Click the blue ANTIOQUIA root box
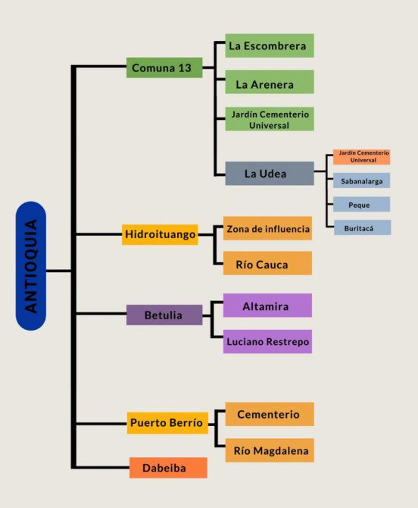[x=31, y=266]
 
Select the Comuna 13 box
[x=164, y=67]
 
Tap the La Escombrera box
[x=270, y=45]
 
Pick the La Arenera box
[x=270, y=82]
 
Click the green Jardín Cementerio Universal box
[x=270, y=119]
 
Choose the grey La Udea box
[x=270, y=174]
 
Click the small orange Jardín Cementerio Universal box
[x=361, y=157]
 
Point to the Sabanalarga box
[x=361, y=180]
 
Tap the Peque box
[x=361, y=204]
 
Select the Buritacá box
[x=363, y=227]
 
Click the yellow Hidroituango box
[x=160, y=234]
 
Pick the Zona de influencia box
[x=267, y=228]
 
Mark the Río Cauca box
[x=267, y=263]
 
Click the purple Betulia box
[x=164, y=315]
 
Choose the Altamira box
[x=267, y=306]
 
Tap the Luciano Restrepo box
[x=267, y=341]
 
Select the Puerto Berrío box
[x=167, y=423]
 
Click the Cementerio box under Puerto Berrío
[x=270, y=414]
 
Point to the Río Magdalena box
[x=270, y=450]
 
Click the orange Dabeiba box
[x=168, y=468]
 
